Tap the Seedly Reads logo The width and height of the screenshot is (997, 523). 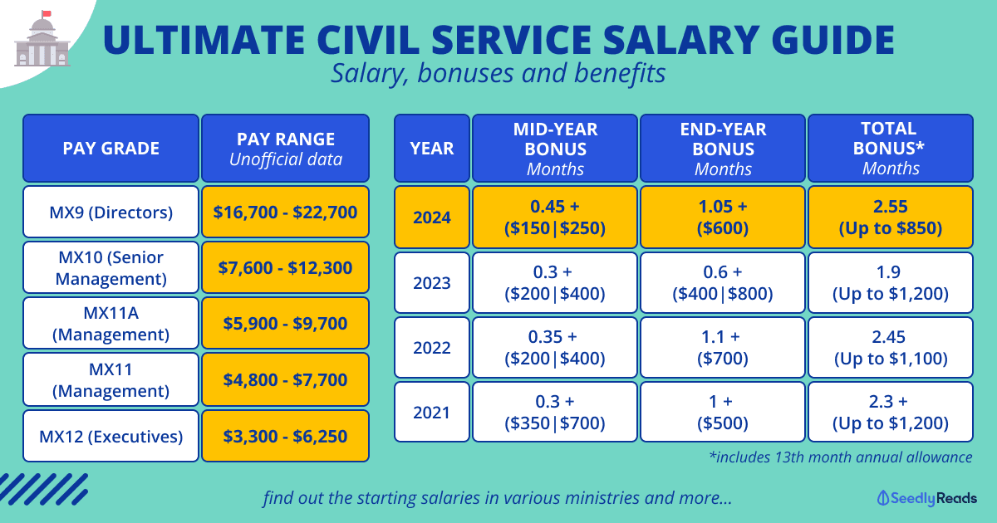point(927,498)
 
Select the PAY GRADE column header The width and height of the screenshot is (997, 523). point(111,149)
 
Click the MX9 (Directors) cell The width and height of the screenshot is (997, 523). point(111,213)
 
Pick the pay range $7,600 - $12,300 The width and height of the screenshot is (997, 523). point(285,268)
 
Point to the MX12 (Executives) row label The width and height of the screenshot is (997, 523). point(111,436)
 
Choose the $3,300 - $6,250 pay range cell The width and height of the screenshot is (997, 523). point(285,436)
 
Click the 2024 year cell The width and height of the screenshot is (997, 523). point(432,217)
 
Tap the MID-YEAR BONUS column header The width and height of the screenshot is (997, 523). point(555,149)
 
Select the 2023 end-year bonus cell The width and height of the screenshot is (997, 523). point(722,282)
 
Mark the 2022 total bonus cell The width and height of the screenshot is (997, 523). point(890,347)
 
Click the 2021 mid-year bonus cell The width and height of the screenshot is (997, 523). point(555,412)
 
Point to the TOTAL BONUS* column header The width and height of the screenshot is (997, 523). point(890,149)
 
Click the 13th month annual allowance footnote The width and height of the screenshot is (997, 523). point(841,457)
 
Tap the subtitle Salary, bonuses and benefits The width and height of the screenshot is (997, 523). point(498,73)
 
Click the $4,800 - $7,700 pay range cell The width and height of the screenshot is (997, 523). point(285,379)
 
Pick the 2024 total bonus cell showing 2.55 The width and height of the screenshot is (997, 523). point(890,217)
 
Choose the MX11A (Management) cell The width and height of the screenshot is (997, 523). point(111,324)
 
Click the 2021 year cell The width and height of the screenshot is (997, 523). point(432,412)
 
